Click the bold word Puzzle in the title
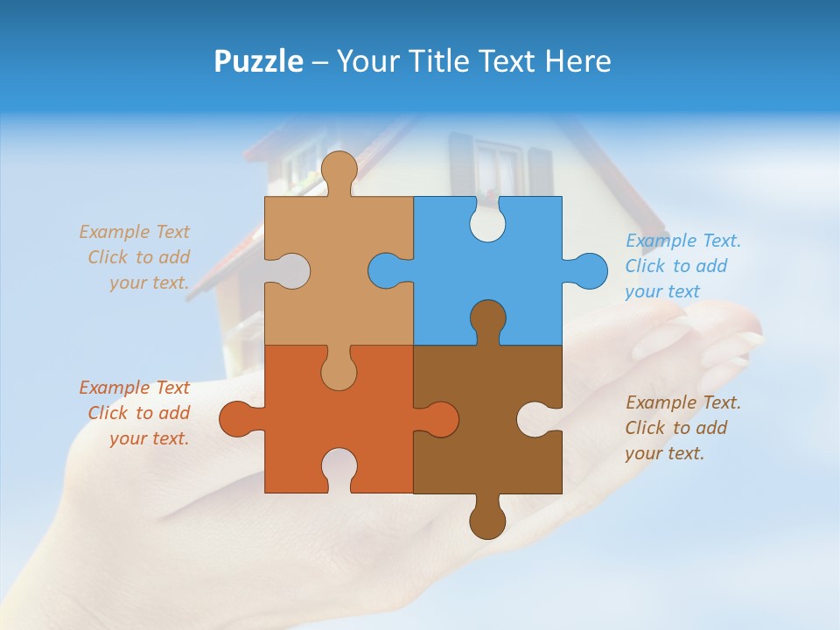(x=258, y=61)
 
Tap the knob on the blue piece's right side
(x=589, y=270)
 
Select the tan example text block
(x=136, y=257)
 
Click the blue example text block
(x=682, y=266)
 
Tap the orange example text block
(x=136, y=413)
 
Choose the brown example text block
(x=682, y=428)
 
